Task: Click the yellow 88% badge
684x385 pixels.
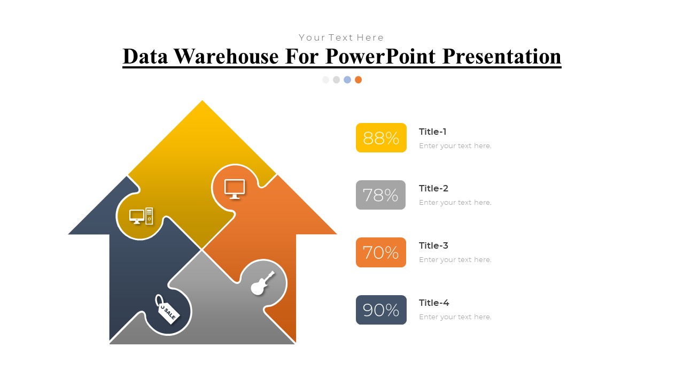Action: coord(381,138)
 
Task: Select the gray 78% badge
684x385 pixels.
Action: coord(380,195)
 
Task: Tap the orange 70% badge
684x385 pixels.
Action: coord(380,252)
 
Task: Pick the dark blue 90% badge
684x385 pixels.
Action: coord(381,310)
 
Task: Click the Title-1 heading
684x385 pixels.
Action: coord(432,132)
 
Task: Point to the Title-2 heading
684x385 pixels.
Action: coord(433,188)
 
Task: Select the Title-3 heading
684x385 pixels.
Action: coord(433,245)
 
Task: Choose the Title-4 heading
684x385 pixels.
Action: coord(433,303)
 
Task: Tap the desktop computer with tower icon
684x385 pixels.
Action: coord(141,216)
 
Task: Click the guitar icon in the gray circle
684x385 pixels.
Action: coord(262,283)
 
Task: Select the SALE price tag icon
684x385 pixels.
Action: coord(167,309)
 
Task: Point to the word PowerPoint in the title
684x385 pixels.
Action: coord(380,56)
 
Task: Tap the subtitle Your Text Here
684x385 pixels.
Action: coord(341,37)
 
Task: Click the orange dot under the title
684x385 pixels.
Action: coord(358,80)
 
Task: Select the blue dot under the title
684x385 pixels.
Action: coord(347,80)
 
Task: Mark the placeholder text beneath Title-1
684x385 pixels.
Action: coord(455,146)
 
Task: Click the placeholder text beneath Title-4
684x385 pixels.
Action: coord(455,317)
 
